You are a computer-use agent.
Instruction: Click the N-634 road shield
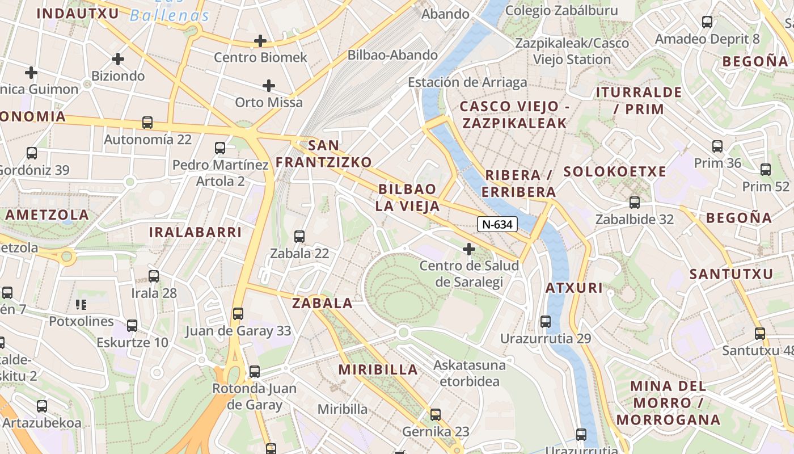point(497,224)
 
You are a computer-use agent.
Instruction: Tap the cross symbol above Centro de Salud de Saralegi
point(469,249)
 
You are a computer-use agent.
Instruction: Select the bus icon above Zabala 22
point(299,236)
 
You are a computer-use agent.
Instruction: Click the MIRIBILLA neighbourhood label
point(378,369)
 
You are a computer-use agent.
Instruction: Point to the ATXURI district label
point(574,288)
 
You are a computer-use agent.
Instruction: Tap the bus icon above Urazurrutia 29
point(546,321)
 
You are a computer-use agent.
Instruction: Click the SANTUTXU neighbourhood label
point(732,274)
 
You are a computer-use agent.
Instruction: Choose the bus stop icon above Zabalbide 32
point(635,202)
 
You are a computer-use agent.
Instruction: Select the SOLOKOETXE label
point(615,172)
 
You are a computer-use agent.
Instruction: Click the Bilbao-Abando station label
point(392,55)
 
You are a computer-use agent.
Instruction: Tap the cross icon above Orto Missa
point(269,86)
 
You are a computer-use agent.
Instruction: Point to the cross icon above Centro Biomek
point(260,41)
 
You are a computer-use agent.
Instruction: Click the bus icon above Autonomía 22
point(147,122)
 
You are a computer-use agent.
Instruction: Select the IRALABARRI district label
point(195,232)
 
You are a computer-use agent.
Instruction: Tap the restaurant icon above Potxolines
point(81,305)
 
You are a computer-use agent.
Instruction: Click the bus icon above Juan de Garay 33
point(238,313)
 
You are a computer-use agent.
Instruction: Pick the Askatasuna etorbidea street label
point(470,372)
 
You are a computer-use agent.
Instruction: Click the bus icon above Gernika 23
point(436,414)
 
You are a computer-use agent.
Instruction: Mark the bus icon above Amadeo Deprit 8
point(707,22)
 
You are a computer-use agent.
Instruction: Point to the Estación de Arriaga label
point(467,82)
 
